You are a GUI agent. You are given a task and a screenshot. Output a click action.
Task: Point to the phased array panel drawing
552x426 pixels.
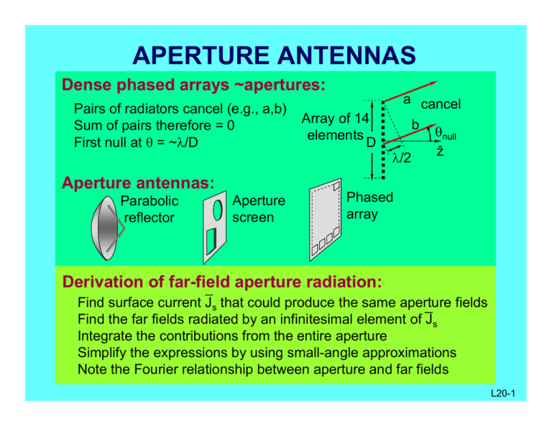coord(324,218)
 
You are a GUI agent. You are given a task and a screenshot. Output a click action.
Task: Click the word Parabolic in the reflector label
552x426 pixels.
coord(149,201)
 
